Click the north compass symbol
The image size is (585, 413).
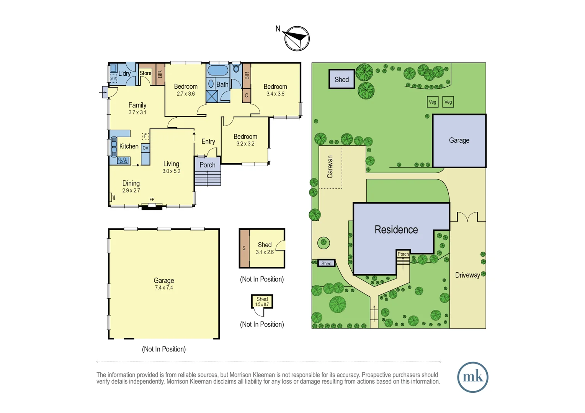click(297, 38)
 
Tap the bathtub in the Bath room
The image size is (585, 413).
click(217, 70)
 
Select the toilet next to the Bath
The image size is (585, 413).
click(236, 69)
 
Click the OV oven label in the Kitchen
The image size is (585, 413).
click(145, 148)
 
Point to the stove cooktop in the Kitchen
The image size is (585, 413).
click(123, 161)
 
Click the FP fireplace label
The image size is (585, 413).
click(152, 200)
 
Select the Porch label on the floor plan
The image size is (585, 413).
click(207, 165)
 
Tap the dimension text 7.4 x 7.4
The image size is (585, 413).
click(164, 288)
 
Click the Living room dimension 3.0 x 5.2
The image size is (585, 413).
click(171, 171)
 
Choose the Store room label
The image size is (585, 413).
click(145, 73)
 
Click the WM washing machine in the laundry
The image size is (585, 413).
click(113, 78)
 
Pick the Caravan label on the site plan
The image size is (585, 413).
click(330, 167)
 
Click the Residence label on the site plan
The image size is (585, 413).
click(396, 229)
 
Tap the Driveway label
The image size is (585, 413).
click(467, 275)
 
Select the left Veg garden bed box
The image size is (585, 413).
click(432, 102)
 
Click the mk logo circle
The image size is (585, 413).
click(472, 377)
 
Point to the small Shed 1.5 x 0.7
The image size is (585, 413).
click(262, 301)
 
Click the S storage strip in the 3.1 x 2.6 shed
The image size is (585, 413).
click(244, 248)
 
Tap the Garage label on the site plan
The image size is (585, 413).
click(459, 140)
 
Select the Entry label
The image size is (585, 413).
click(208, 141)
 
